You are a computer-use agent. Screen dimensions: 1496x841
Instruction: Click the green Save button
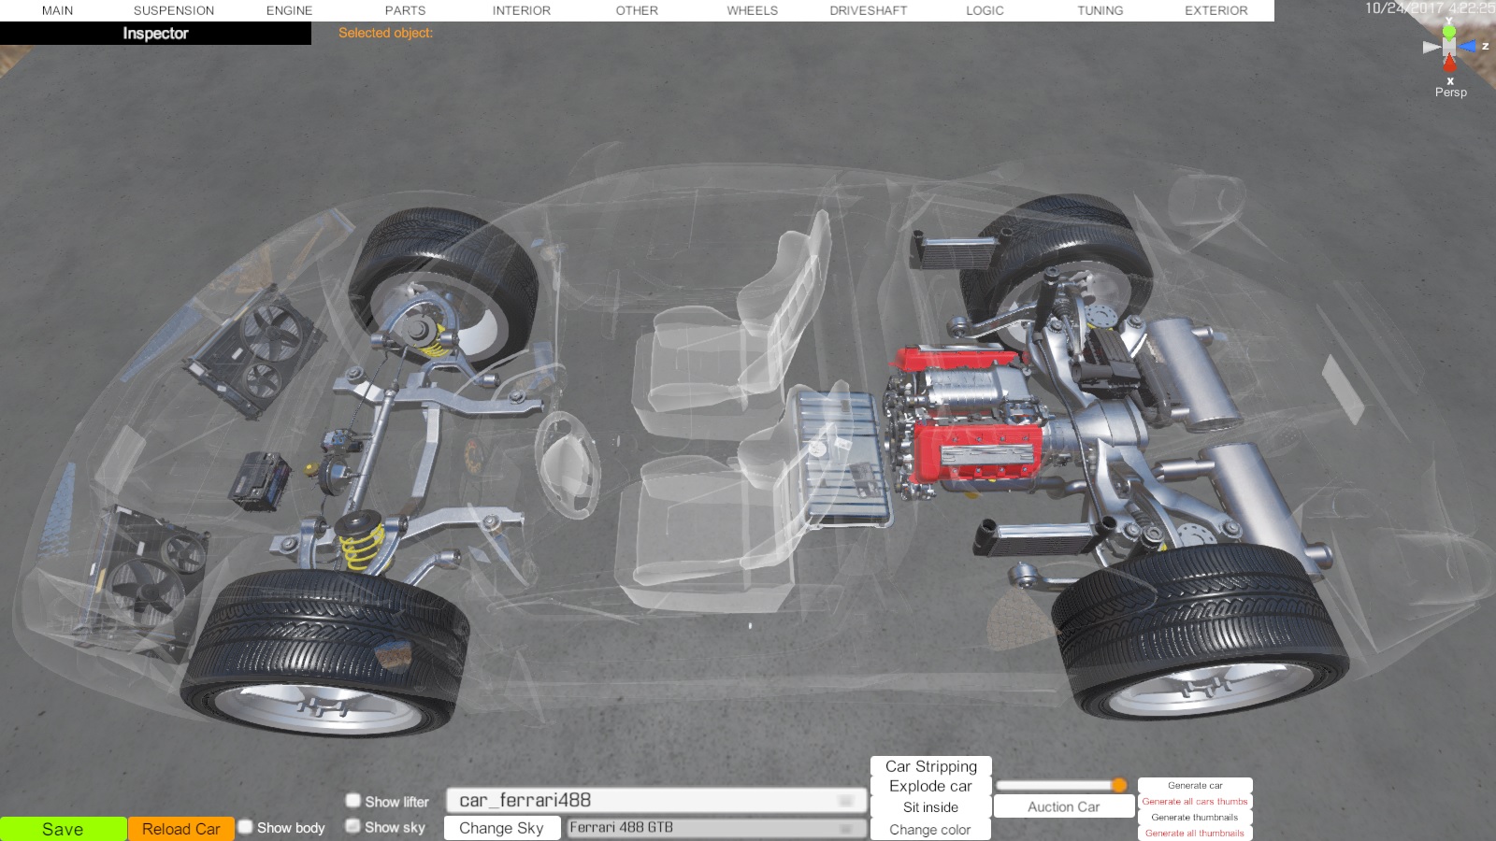coord(63,829)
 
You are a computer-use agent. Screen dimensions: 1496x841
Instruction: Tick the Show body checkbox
coord(246,827)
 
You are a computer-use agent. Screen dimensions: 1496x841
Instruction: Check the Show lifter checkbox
coord(352,800)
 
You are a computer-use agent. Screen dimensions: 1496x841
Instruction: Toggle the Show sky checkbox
coord(352,826)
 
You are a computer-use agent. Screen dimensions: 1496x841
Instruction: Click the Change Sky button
coord(501,828)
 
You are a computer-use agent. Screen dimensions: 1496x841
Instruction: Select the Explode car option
coord(930,786)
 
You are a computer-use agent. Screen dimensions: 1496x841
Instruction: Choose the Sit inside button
coord(930,807)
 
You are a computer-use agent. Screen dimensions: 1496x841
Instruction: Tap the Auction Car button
coord(1063,807)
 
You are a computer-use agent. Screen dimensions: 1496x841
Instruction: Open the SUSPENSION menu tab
coord(174,10)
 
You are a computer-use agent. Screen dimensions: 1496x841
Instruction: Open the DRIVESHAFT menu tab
coord(869,10)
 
